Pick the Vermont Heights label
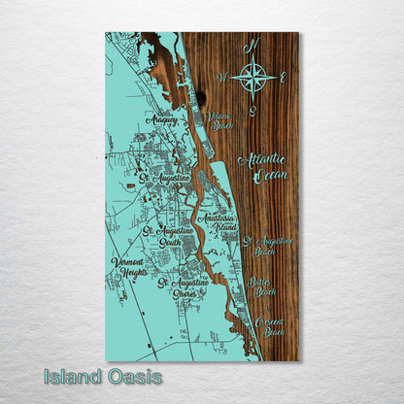coord(128,267)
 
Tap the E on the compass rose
coord(283,76)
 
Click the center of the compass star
coord(253,76)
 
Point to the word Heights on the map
coord(129,274)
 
